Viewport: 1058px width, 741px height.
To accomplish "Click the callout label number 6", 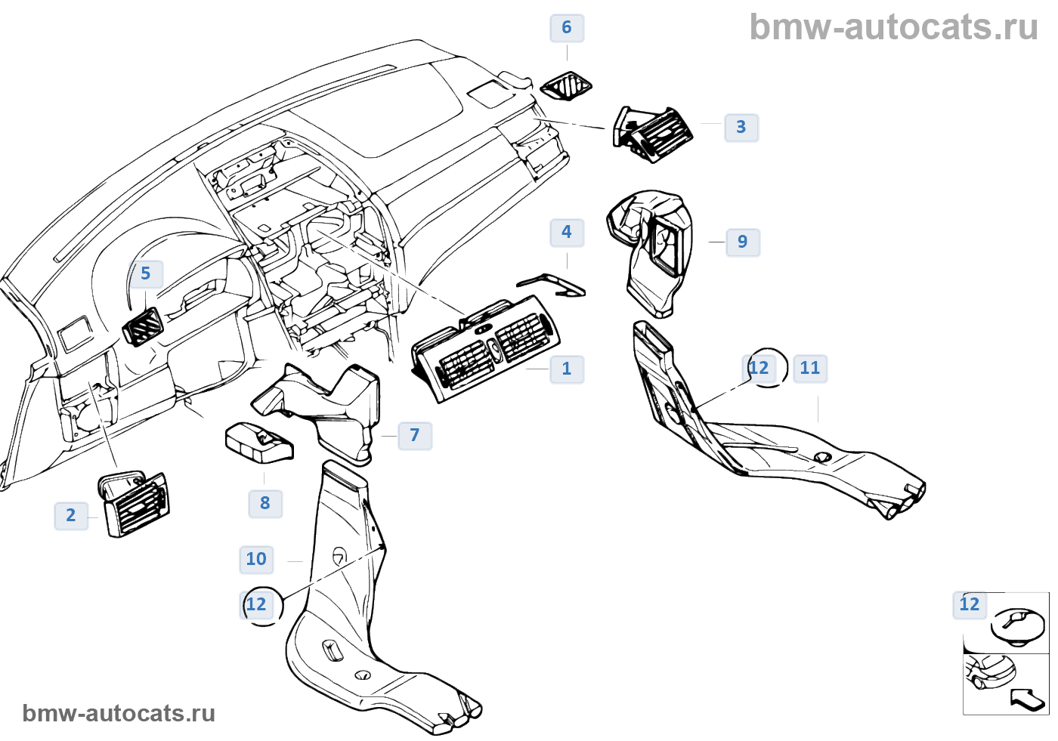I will pyautogui.click(x=567, y=28).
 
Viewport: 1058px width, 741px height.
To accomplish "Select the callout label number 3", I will pyautogui.click(x=741, y=127).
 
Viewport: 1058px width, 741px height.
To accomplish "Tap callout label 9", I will pyautogui.click(x=742, y=242).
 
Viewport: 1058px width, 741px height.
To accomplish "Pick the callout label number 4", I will pyautogui.click(x=567, y=232).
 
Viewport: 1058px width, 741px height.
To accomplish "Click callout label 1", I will pyautogui.click(x=567, y=369).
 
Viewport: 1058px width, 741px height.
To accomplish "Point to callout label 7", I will pyautogui.click(x=415, y=435).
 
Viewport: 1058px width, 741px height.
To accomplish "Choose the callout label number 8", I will pyautogui.click(x=265, y=503).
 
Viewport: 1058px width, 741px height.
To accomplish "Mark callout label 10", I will pyautogui.click(x=256, y=559).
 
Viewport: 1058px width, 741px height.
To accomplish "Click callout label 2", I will pyautogui.click(x=71, y=515).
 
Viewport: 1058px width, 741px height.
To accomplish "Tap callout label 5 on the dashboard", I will pyautogui.click(x=146, y=273).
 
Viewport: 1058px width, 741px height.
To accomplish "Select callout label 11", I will pyautogui.click(x=810, y=368).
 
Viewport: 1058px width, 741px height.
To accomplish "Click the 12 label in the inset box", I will pyautogui.click(x=970, y=604).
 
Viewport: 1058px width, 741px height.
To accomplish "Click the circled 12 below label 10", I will pyautogui.click(x=257, y=604).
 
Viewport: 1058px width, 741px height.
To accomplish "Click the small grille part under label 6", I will pyautogui.click(x=567, y=86).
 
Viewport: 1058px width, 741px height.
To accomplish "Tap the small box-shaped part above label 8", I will pyautogui.click(x=259, y=442).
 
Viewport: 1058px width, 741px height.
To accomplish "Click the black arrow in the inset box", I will pyautogui.click(x=1028, y=699).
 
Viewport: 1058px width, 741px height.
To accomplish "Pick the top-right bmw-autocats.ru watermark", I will pyautogui.click(x=893, y=28).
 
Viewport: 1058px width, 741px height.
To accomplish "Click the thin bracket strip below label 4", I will pyautogui.click(x=552, y=285).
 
